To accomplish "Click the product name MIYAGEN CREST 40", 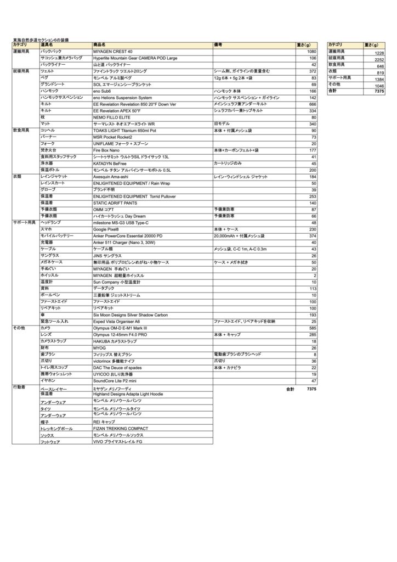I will [x=113, y=51].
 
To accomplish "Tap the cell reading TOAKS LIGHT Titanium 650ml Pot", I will [x=124, y=131].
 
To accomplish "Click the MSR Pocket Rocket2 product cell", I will [x=116, y=137].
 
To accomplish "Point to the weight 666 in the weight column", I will [x=313, y=104].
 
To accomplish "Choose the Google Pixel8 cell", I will [x=110, y=229].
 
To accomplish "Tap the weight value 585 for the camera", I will [x=313, y=328].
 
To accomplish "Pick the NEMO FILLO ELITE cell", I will [x=112, y=117].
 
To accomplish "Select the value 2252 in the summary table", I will [x=379, y=59].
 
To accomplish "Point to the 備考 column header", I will [x=218, y=44].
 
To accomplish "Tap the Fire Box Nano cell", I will [x=107, y=150].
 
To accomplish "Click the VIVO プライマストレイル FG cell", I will [x=118, y=441].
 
